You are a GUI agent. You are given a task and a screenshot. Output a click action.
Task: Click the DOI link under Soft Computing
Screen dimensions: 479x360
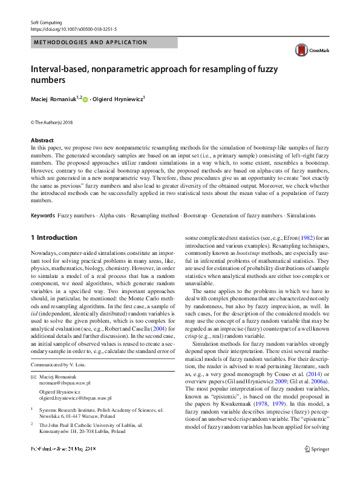(74, 28)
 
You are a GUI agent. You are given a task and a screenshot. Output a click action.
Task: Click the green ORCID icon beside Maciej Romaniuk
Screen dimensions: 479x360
(85, 99)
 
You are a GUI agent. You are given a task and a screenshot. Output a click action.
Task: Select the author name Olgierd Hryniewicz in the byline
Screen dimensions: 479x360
(118, 99)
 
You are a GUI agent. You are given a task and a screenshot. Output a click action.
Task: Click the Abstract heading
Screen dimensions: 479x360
(42, 140)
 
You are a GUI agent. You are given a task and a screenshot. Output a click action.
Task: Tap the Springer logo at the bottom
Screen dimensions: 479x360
(318, 465)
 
